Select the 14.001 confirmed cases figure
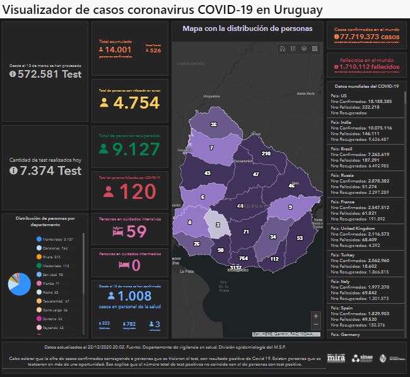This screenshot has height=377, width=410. [117, 50]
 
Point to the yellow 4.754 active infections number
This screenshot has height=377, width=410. [136, 104]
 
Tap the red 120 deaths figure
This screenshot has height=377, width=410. [137, 191]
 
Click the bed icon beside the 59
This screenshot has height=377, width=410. [117, 232]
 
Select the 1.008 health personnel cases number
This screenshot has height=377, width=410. [134, 296]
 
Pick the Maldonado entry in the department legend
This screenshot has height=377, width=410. [53, 266]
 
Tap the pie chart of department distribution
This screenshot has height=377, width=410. [18, 285]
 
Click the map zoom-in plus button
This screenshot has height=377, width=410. [315, 316]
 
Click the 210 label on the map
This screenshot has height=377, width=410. [266, 153]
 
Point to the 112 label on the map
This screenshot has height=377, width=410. [274, 259]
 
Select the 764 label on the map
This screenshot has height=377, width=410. [243, 258]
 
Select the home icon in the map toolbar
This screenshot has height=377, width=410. [283, 48]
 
